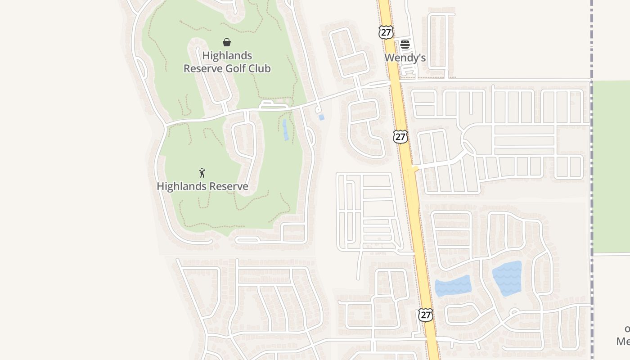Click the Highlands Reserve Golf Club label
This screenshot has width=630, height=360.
pyautogui.click(x=227, y=62)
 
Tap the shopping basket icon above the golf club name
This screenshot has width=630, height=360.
pyautogui.click(x=227, y=42)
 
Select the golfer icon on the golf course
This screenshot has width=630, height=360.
pyautogui.click(x=202, y=173)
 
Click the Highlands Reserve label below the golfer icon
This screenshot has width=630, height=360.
pyautogui.click(x=202, y=186)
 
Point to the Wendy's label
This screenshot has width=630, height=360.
pyautogui.click(x=405, y=58)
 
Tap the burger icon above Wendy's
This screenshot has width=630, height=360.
pyautogui.click(x=405, y=44)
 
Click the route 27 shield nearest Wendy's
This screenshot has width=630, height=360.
pyautogui.click(x=386, y=32)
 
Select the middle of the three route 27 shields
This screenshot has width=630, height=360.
pyautogui.click(x=400, y=136)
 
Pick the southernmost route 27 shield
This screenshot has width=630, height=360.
pyautogui.click(x=425, y=315)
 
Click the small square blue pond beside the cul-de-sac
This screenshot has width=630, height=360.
pyautogui.click(x=321, y=117)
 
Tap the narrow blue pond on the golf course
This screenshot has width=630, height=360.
pyautogui.click(x=285, y=130)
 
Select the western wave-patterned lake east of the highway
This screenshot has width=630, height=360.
pyautogui.click(x=453, y=286)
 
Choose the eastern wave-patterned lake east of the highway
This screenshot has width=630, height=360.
pyautogui.click(x=507, y=278)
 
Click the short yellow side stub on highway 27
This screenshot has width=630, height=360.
pyautogui.click(x=414, y=169)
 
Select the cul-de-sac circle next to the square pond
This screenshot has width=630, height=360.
pyautogui.click(x=318, y=109)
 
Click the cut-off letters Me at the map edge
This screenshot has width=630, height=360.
pyautogui.click(x=623, y=342)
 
